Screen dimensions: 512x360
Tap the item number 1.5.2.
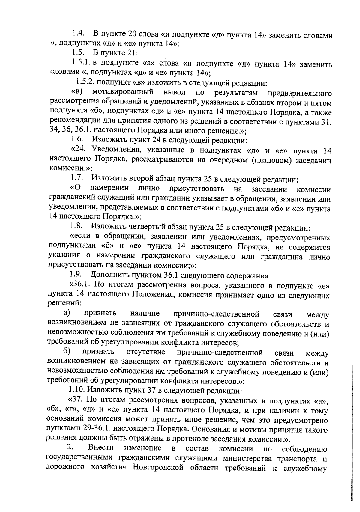[x=86, y=82]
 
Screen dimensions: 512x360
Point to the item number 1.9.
[x=76, y=274]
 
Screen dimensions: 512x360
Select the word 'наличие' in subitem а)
[x=145, y=314]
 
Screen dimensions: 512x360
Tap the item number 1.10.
[x=78, y=390]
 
